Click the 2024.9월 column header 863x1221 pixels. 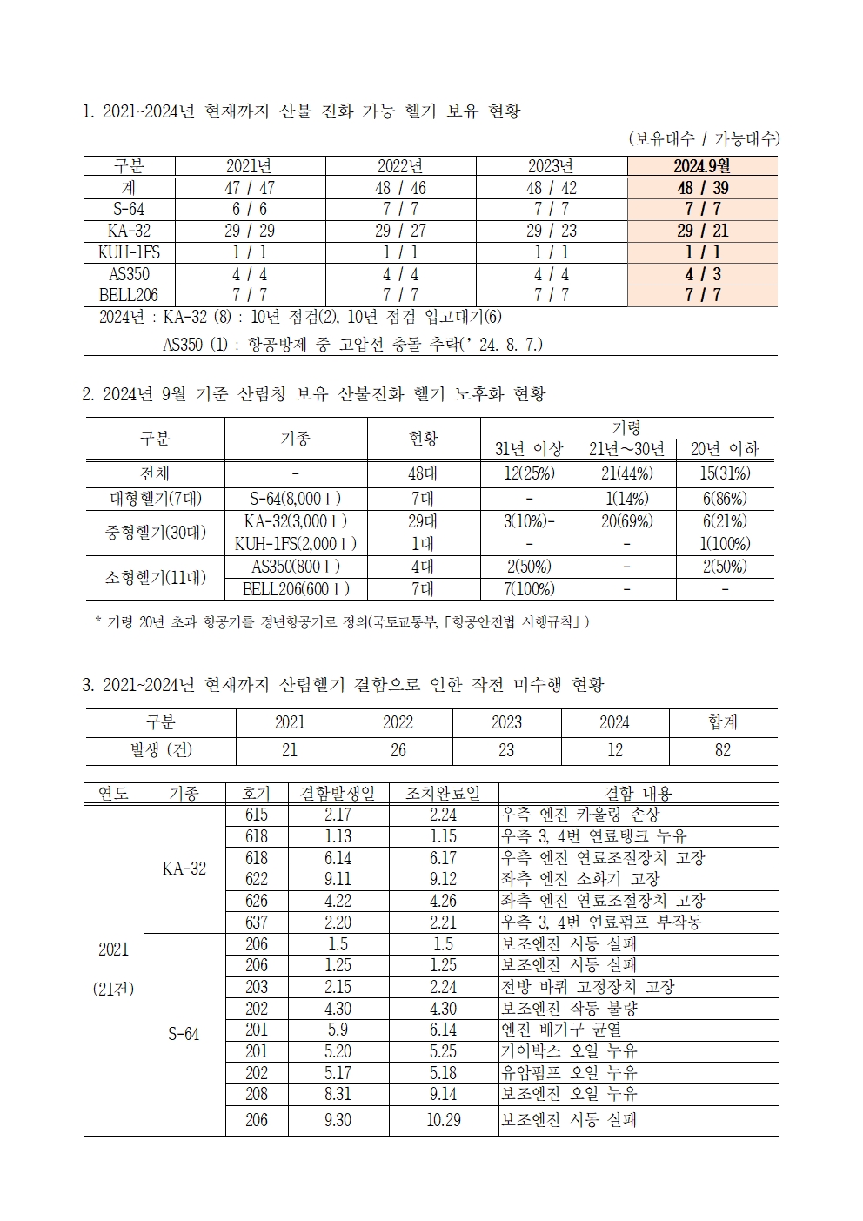coord(701,166)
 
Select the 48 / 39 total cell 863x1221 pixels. coord(701,188)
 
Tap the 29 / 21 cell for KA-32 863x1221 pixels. coord(701,231)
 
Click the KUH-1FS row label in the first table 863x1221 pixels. coord(129,252)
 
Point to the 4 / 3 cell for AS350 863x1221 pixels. coord(701,274)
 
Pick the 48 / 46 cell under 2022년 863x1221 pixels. coord(400,188)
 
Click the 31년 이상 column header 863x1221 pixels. coord(529,449)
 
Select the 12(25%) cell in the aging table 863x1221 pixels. coord(529,473)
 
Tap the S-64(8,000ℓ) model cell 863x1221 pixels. coord(296,499)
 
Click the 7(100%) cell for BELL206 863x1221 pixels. coord(529,589)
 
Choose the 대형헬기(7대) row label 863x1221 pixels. coord(155,499)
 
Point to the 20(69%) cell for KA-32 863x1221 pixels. coord(626,521)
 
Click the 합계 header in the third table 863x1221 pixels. coord(722,722)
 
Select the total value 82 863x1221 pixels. coord(722,750)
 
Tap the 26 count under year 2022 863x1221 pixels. coord(398,750)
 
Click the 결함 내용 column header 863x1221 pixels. coord(638,793)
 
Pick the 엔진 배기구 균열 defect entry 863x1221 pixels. coord(561,1030)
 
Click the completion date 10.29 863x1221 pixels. coord(443,1120)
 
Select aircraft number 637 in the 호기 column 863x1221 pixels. coord(257,922)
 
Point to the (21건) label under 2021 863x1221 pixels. coord(113,990)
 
